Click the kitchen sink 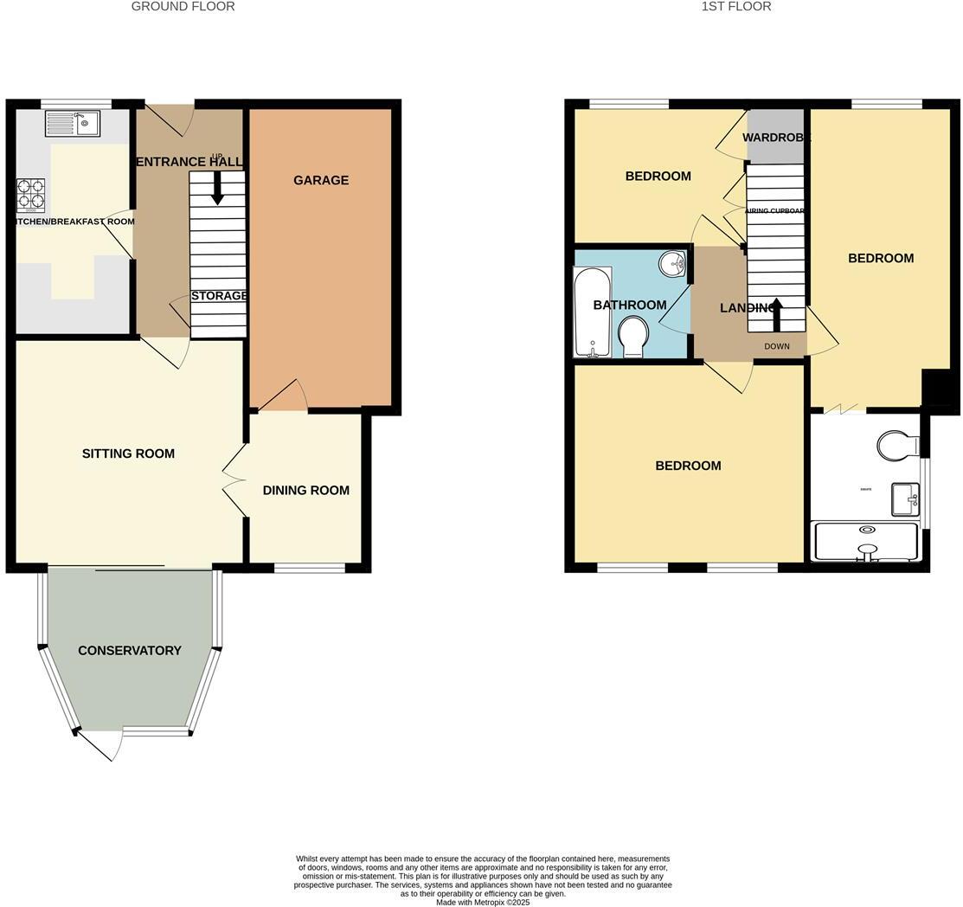point(73,124)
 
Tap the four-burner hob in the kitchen point(30,195)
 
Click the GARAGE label point(321,180)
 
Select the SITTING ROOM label point(128,453)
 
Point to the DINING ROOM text point(306,490)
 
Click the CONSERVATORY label point(130,650)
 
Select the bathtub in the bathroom point(592,312)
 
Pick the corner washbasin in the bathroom point(672,262)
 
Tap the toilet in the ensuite point(896,446)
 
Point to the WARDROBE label point(776,138)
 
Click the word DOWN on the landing point(776,346)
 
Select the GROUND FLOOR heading point(183,6)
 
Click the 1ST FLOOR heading point(735,6)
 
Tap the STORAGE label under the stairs point(219,296)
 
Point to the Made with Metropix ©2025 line point(482,902)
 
